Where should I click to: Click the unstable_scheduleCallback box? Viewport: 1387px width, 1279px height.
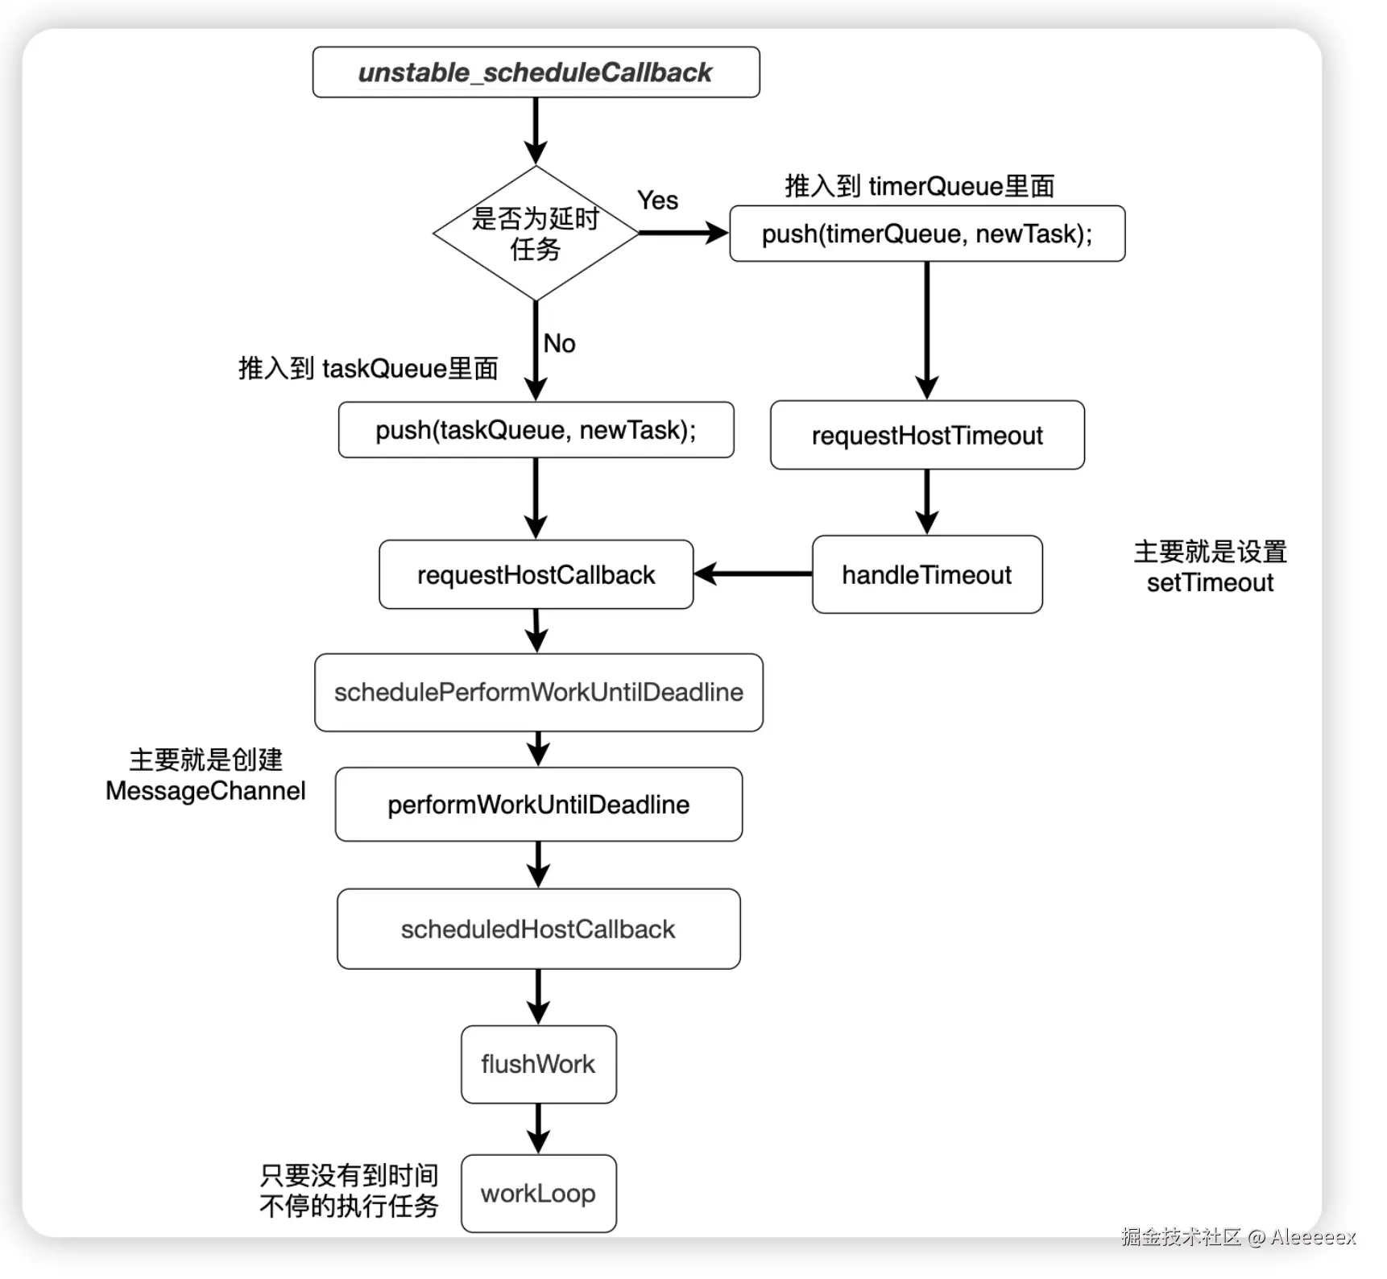pyautogui.click(x=536, y=72)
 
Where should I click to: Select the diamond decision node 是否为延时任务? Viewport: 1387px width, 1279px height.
pyautogui.click(x=536, y=234)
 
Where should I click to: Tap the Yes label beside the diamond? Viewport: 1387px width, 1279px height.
pyautogui.click(x=657, y=201)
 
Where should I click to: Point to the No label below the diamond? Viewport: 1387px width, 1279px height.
pyautogui.click(x=559, y=344)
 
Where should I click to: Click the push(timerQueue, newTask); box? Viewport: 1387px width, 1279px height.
pyautogui.click(x=927, y=234)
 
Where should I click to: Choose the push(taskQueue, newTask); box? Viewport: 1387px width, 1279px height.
pyautogui.click(x=536, y=430)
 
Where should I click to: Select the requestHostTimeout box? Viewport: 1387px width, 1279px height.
pyautogui.click(x=927, y=435)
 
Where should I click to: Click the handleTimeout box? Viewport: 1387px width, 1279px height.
pyautogui.click(x=927, y=574)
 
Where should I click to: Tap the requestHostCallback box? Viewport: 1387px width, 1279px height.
pyautogui.click(x=536, y=574)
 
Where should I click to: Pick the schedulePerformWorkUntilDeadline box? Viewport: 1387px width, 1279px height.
pyautogui.click(x=538, y=693)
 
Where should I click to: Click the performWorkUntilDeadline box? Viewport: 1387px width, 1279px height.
pyautogui.click(x=538, y=805)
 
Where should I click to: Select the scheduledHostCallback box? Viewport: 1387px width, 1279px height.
pyautogui.click(x=538, y=929)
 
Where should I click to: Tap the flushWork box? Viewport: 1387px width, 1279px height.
pyautogui.click(x=538, y=1064)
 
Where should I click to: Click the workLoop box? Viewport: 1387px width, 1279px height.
pyautogui.click(x=538, y=1194)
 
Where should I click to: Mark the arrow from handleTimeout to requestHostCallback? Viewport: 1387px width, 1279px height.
pyautogui.click(x=753, y=574)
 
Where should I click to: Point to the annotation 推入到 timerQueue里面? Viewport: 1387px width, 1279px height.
pyautogui.click(x=920, y=186)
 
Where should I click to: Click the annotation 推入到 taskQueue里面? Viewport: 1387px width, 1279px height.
pyautogui.click(x=368, y=368)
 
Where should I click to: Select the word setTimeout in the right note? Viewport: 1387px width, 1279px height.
pyautogui.click(x=1210, y=582)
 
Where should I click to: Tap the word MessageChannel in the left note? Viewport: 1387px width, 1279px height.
pyautogui.click(x=205, y=791)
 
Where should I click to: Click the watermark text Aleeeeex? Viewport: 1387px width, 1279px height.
pyautogui.click(x=1313, y=1237)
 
